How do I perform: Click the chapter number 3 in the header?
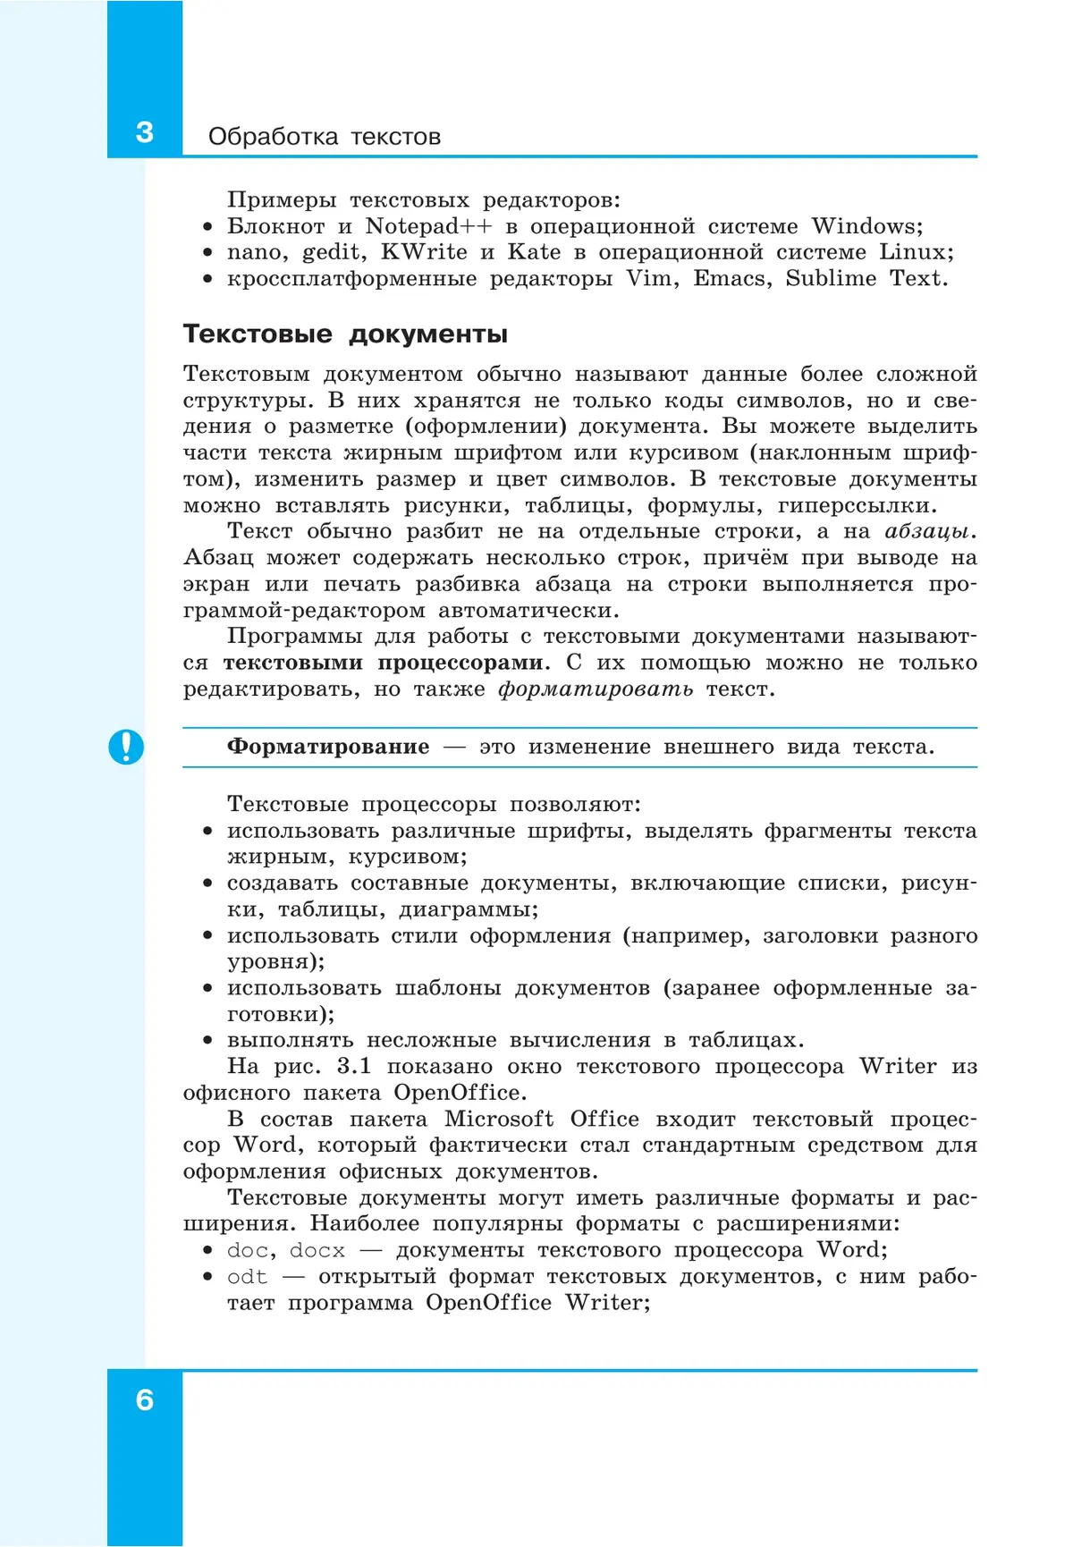click(144, 132)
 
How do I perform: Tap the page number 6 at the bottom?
click(144, 1399)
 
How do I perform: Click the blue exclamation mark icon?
click(126, 747)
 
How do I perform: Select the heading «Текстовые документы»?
click(345, 334)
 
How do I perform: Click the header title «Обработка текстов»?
click(325, 137)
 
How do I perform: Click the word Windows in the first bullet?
click(863, 226)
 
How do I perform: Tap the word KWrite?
click(424, 252)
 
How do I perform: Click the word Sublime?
click(831, 278)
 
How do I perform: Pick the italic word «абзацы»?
click(927, 532)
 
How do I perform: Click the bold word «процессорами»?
click(460, 663)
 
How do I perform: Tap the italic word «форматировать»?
click(596, 689)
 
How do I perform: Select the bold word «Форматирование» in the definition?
click(328, 747)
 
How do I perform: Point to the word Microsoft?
click(499, 1120)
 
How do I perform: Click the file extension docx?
click(317, 1250)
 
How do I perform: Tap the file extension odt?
click(247, 1277)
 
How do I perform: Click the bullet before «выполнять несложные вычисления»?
click(207, 1041)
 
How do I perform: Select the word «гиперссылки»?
click(857, 506)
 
